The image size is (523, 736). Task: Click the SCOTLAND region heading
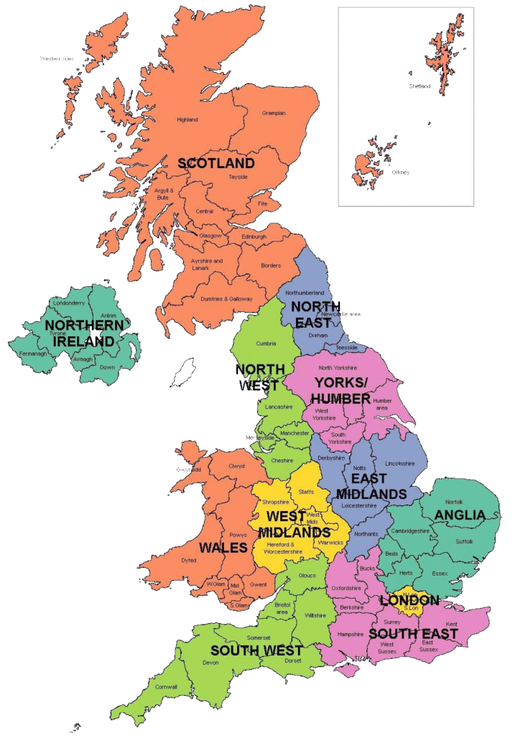(216, 163)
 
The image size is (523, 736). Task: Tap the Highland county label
(188, 120)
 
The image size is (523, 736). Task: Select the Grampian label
(274, 113)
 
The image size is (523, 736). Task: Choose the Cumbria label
(266, 344)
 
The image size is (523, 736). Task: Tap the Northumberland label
(305, 293)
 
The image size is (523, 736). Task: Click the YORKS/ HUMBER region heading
(342, 390)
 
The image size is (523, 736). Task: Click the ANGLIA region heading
(460, 515)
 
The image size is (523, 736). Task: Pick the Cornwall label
(167, 687)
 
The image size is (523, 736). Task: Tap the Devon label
(210, 663)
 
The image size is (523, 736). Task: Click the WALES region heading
(223, 548)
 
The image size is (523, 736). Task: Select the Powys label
(239, 535)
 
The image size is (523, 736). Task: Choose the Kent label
(451, 624)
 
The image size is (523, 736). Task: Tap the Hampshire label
(350, 635)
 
